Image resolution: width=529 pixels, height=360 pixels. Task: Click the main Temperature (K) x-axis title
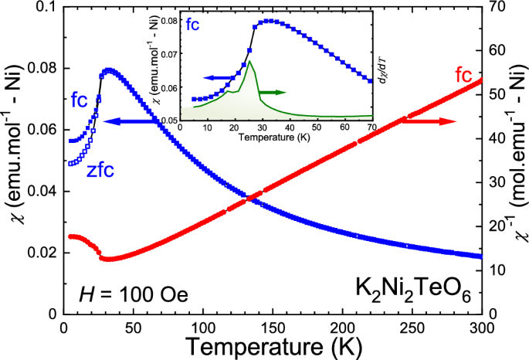(272, 345)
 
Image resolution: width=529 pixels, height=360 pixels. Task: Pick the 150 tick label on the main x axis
(273, 326)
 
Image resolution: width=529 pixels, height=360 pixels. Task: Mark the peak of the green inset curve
(249, 61)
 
